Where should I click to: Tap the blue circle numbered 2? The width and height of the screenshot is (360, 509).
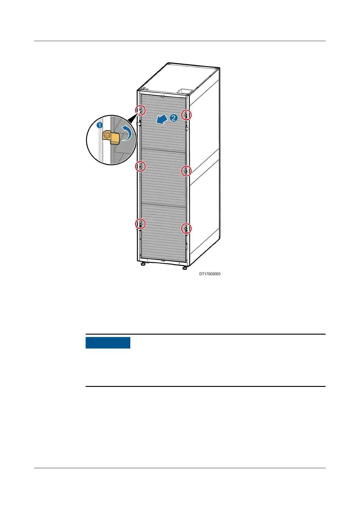tap(173, 118)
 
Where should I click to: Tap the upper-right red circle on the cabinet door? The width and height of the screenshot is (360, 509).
tap(186, 115)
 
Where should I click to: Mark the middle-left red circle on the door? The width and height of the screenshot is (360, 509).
tap(140, 166)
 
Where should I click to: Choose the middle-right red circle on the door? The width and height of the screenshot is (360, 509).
tap(186, 171)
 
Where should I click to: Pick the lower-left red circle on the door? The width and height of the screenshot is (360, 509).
tap(140, 224)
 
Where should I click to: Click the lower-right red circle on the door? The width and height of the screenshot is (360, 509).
tap(186, 228)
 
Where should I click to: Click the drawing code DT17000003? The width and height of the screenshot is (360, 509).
tap(209, 274)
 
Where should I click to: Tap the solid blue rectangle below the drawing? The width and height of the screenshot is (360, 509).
tap(108, 343)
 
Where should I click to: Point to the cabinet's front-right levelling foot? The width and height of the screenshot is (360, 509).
tap(184, 268)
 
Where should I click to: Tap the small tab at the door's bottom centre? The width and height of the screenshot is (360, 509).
tap(162, 261)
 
